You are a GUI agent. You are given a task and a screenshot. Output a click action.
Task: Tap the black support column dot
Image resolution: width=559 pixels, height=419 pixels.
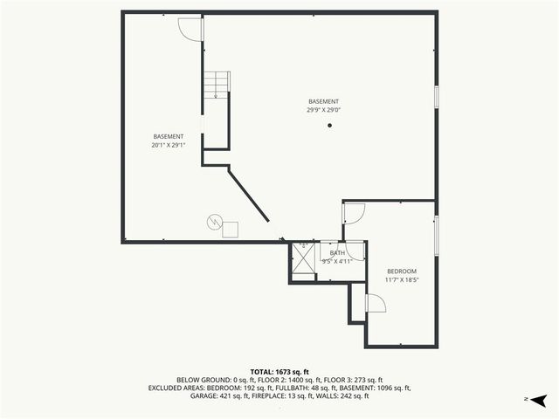pos(330,126)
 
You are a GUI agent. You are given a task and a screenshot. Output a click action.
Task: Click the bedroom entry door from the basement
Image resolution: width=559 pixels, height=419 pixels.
pos(354,215)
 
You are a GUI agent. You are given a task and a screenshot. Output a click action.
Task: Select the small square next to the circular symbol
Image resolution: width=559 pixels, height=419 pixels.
pos(231,229)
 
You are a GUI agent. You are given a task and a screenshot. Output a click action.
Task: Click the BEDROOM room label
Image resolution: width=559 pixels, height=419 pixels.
pos(402,271)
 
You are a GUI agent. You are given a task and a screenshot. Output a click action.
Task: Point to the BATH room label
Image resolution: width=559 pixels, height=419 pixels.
pos(336,253)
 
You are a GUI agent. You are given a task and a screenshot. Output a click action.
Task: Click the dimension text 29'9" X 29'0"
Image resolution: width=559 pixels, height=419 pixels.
pos(323,110)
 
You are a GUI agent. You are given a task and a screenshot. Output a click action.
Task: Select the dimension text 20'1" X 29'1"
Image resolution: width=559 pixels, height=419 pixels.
pos(169,145)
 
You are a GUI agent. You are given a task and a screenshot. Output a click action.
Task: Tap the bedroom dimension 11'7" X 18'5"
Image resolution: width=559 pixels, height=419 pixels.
pos(402,280)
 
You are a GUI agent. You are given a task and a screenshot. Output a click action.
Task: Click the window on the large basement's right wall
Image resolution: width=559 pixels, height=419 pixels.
pos(436,97)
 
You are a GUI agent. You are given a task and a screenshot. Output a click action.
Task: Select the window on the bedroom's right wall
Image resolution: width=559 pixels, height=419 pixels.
pos(436,235)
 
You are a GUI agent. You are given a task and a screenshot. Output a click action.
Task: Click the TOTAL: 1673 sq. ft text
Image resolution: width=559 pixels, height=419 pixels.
pos(279,372)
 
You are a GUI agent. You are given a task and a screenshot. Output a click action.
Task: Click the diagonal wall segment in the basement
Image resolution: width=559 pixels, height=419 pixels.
pos(249,194)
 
